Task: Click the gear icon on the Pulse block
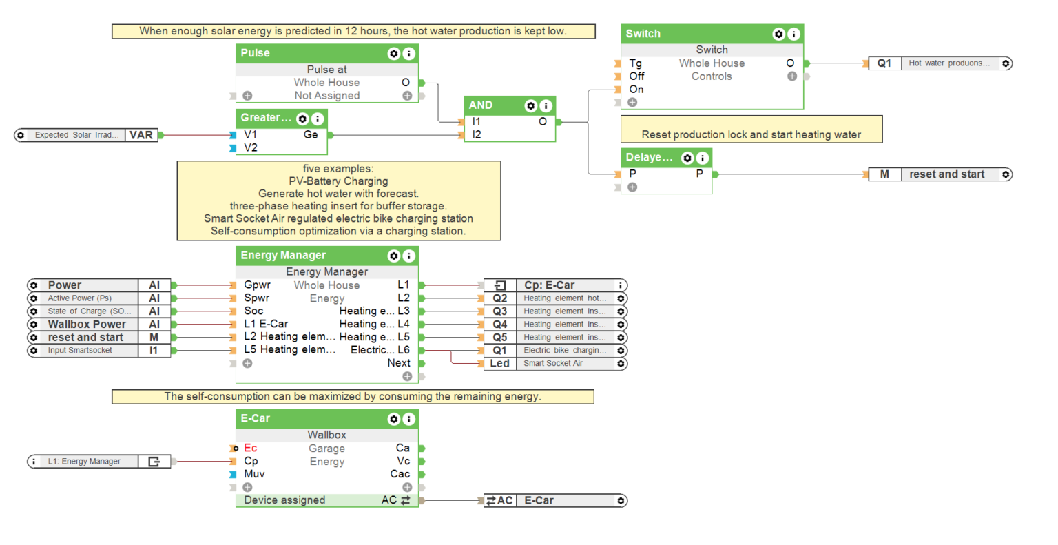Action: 393,54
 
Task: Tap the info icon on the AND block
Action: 546,105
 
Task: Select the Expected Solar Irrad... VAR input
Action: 88,135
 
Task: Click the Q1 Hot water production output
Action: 940,63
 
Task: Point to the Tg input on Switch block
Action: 635,63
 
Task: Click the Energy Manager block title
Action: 283,256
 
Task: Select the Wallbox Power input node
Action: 98,325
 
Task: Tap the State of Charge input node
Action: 98,311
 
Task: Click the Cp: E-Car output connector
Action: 555,285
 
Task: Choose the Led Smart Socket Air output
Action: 555,364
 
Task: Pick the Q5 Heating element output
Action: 555,338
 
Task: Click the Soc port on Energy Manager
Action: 253,311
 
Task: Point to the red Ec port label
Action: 250,449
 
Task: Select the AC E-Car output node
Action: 555,501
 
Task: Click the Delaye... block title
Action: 649,158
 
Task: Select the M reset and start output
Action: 940,175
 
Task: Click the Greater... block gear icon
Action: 302,119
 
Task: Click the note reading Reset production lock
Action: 751,134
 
